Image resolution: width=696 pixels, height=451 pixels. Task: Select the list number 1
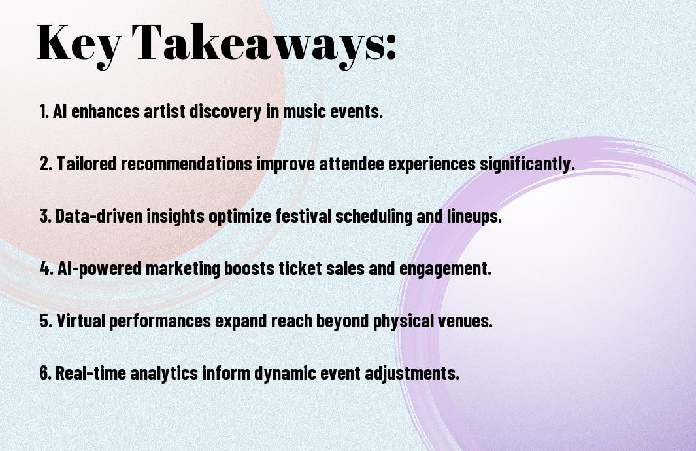coord(44,111)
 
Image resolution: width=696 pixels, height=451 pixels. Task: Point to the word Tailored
coord(86,163)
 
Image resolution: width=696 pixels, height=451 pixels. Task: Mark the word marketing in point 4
coord(182,269)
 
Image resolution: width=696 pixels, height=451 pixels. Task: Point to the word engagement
coord(446,269)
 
